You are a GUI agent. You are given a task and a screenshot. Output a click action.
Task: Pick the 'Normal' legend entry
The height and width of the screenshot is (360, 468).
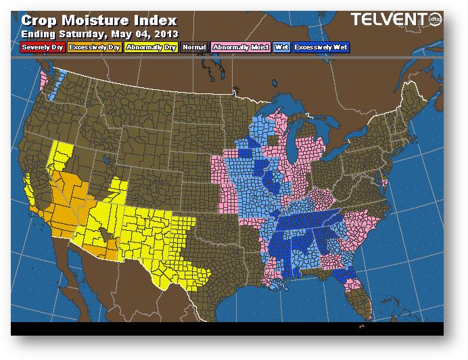click(193, 47)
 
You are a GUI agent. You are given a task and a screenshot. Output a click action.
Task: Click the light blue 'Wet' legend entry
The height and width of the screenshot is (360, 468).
click(280, 47)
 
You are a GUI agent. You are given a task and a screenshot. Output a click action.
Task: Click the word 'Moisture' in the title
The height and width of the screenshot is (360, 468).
click(95, 20)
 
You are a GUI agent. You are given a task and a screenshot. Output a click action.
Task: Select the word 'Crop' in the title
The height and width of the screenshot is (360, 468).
click(39, 20)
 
